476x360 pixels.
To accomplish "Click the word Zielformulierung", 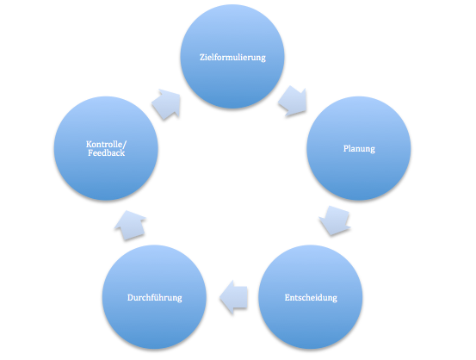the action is (x=232, y=58).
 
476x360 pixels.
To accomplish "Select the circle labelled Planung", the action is (x=359, y=148).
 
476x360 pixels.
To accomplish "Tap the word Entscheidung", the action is (x=311, y=297).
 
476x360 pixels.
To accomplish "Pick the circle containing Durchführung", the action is (x=155, y=297).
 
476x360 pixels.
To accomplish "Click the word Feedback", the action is (x=106, y=152).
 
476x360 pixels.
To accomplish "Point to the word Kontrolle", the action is (x=104, y=144).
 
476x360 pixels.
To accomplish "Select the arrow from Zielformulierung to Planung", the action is (x=293, y=101).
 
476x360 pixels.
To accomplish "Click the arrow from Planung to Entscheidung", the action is (x=335, y=220).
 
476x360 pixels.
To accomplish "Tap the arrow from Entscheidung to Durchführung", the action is (x=233, y=297).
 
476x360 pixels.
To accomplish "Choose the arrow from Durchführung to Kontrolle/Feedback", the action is (x=131, y=225).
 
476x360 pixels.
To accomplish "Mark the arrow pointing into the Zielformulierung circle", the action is (x=166, y=104).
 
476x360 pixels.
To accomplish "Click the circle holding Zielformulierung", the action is (x=232, y=56).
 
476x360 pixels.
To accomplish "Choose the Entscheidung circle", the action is (x=310, y=297).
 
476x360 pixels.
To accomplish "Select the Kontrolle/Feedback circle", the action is (x=106, y=148).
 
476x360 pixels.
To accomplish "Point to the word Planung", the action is (x=359, y=149).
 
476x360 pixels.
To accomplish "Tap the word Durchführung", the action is (x=155, y=297).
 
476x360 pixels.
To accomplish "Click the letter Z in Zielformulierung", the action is (x=202, y=57).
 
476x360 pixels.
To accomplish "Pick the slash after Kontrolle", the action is (x=125, y=145).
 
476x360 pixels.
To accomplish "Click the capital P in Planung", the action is (x=346, y=148).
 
